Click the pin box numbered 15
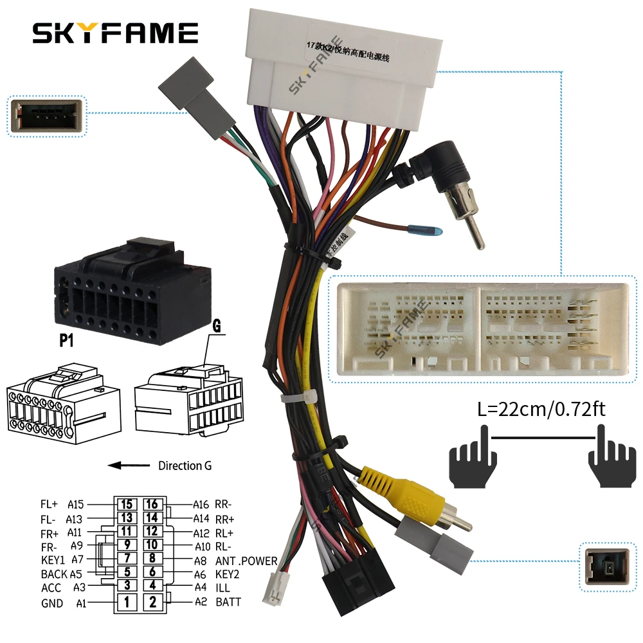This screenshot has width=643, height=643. tap(127, 505)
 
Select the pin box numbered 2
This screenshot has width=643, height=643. tap(152, 602)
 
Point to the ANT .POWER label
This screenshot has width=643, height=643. tap(246, 561)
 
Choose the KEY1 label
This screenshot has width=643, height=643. tap(53, 559)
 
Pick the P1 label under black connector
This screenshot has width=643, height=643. tap(67, 340)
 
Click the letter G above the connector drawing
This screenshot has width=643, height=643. tap(217, 327)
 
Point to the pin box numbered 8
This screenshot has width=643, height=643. tap(152, 559)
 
